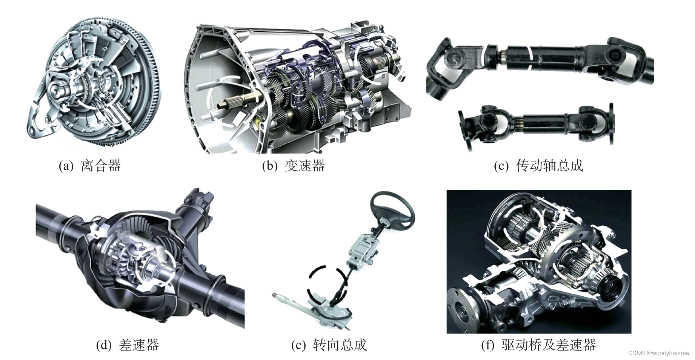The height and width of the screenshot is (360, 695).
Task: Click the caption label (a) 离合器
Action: [90, 166]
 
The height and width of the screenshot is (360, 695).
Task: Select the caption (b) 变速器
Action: [294, 166]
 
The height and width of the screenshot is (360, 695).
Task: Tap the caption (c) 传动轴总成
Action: [538, 166]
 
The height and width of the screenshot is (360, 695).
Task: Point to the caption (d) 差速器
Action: [128, 345]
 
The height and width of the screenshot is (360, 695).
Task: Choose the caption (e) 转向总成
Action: [329, 345]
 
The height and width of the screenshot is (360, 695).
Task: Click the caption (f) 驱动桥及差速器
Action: [538, 345]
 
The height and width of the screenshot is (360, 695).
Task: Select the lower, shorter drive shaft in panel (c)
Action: [536, 125]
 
